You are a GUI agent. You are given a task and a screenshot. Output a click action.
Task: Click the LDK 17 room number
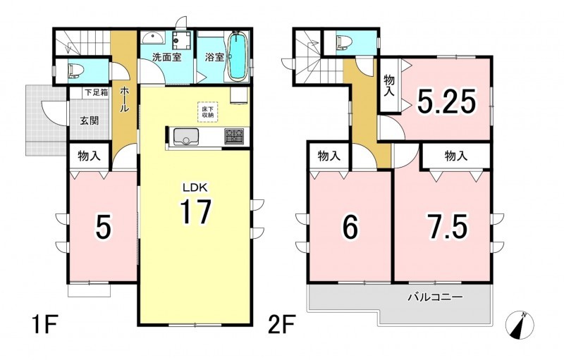click(x=195, y=212)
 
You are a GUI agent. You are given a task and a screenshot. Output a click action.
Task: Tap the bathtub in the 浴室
click(x=237, y=56)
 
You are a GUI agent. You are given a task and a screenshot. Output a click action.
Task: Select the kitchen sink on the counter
click(x=186, y=137)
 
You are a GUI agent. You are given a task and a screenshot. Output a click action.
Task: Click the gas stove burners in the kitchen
click(x=234, y=136)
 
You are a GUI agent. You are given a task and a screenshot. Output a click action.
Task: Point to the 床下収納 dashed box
click(x=207, y=112)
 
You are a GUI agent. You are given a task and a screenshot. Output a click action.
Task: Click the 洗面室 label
click(x=166, y=57)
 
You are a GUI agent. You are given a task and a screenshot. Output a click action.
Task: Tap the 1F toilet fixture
click(x=75, y=70)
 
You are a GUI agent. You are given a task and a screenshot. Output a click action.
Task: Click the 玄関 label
click(x=89, y=120)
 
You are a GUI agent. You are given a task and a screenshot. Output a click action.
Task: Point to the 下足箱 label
click(x=96, y=92)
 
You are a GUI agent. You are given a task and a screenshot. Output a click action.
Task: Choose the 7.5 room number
click(x=447, y=226)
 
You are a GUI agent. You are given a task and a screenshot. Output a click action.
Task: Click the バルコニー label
click(x=435, y=297)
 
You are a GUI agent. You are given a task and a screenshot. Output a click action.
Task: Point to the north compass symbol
click(x=520, y=325)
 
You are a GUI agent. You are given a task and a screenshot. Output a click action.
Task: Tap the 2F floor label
click(x=282, y=325)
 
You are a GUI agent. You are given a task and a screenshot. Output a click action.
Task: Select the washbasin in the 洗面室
click(x=153, y=37)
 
